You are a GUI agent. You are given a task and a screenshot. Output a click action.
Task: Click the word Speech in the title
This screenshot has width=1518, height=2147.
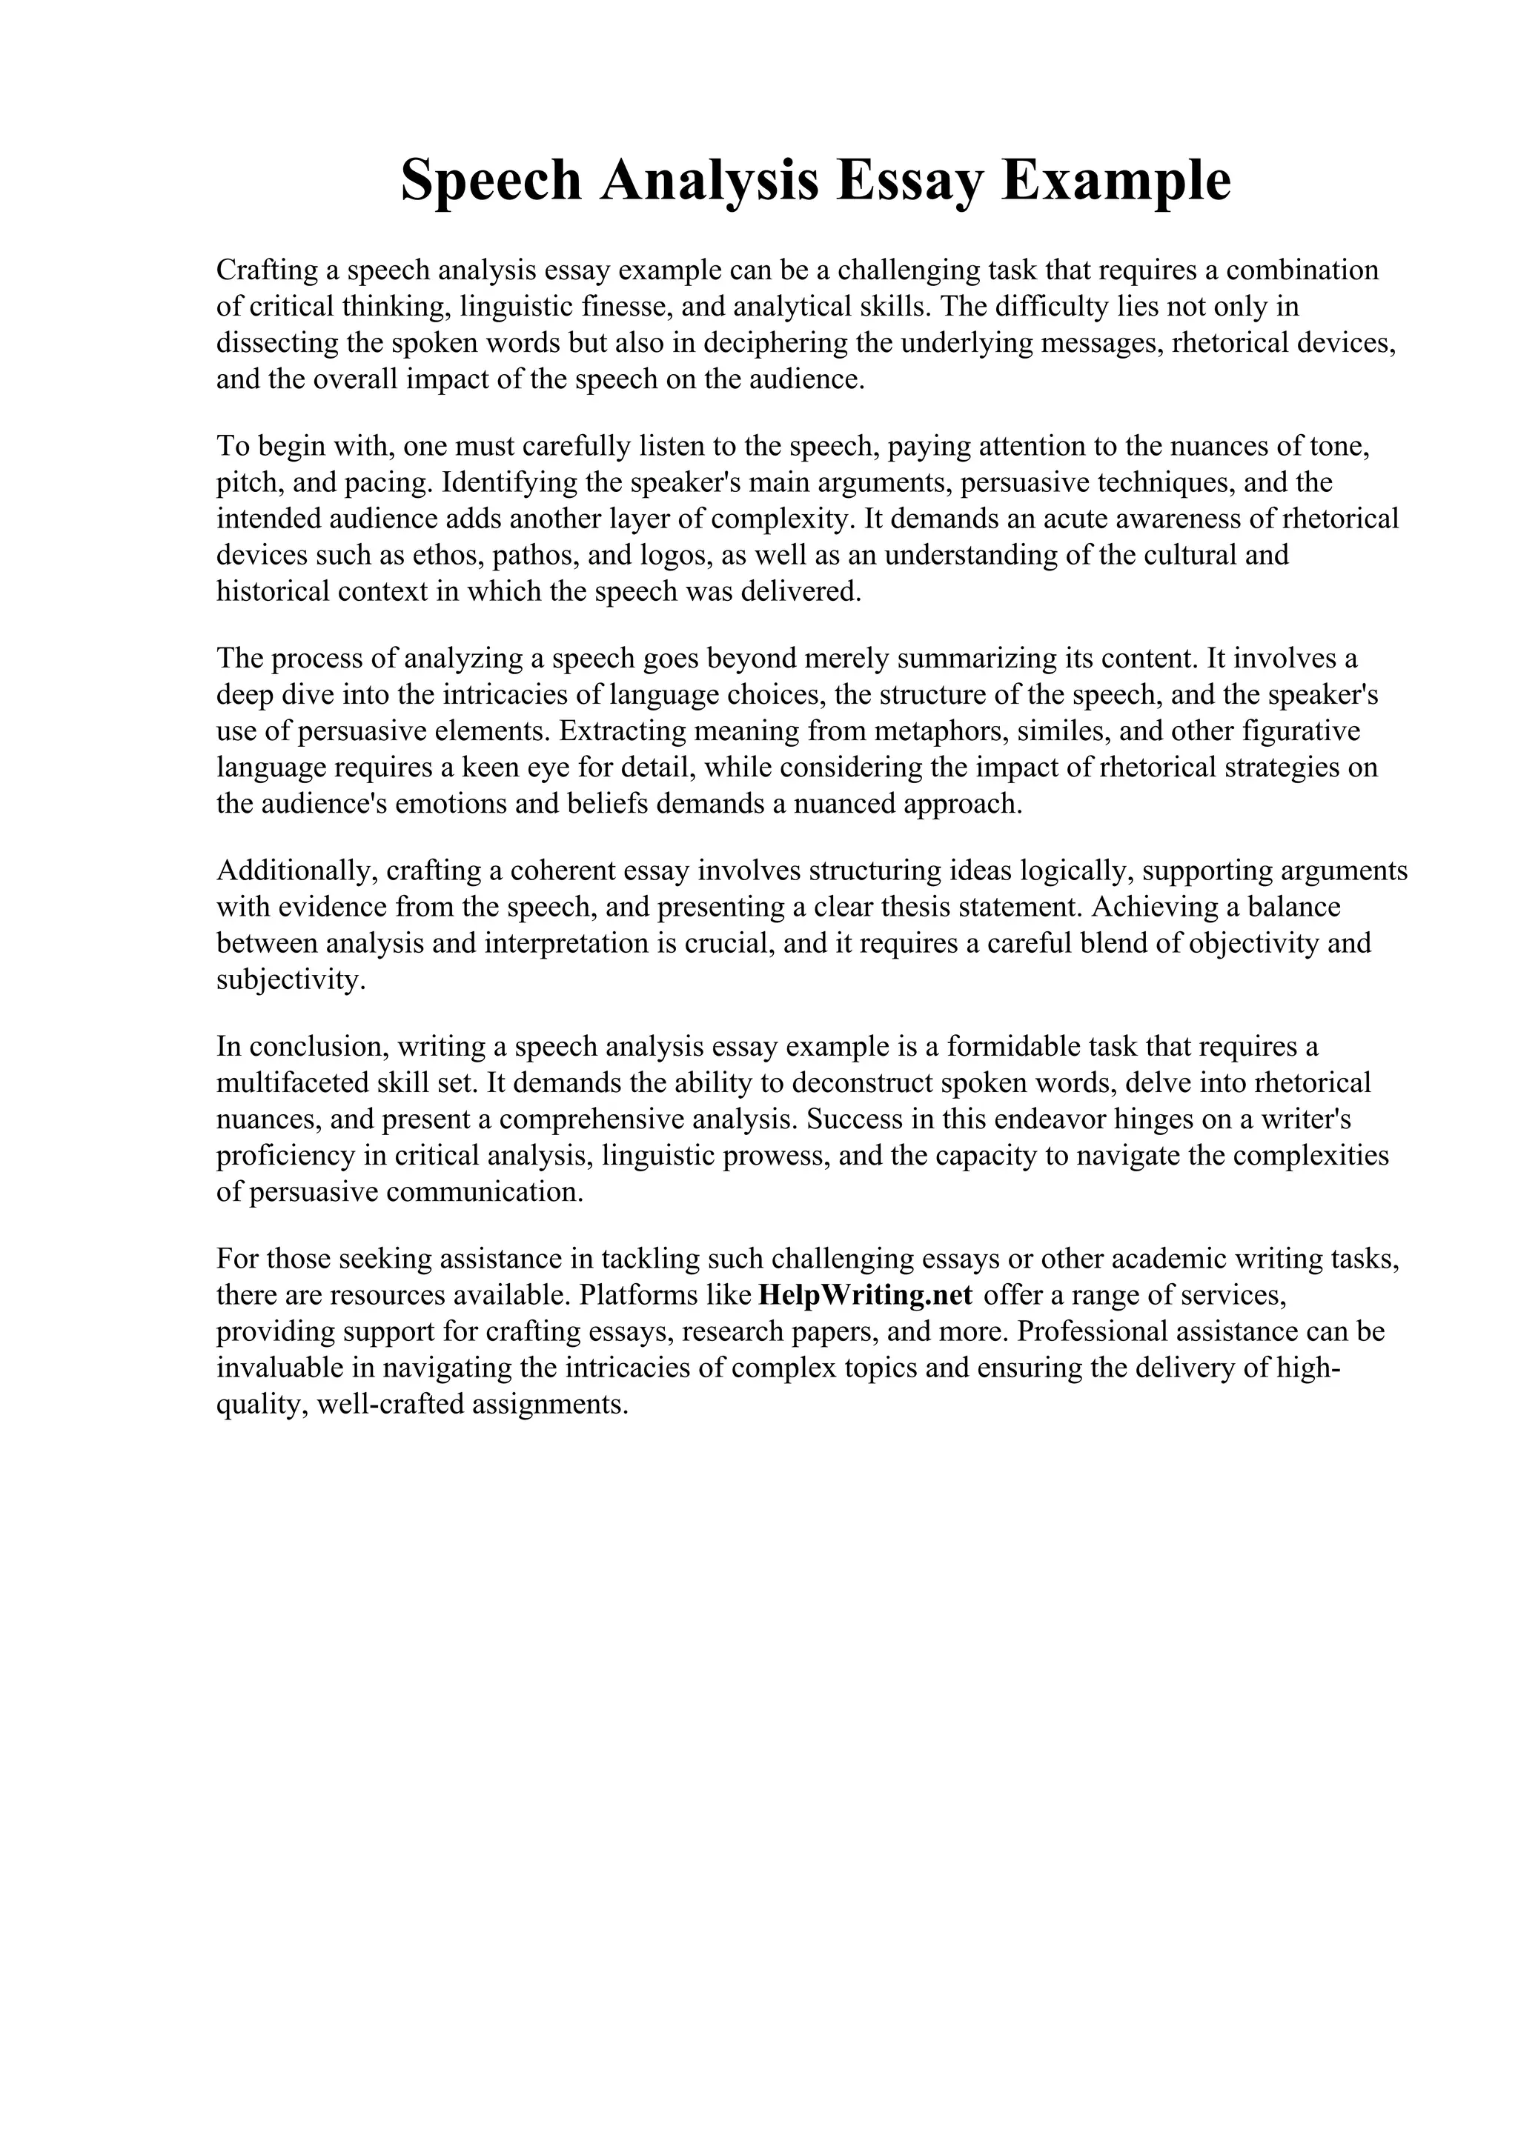click(x=491, y=181)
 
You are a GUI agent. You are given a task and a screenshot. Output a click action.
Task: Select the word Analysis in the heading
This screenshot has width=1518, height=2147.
click(x=711, y=181)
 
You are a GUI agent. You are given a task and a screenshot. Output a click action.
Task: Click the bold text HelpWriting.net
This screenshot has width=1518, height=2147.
click(x=865, y=1294)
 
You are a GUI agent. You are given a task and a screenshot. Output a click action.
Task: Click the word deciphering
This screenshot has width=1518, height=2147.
click(x=775, y=343)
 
